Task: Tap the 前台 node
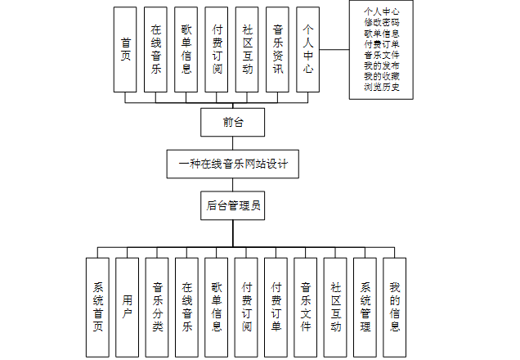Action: tap(233, 123)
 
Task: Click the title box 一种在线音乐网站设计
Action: tap(233, 164)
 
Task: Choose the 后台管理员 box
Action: tap(233, 205)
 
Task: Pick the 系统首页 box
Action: tap(97, 307)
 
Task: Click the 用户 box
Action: tap(127, 307)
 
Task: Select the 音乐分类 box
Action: tap(157, 307)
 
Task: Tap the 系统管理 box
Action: tap(365, 307)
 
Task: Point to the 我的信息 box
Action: tap(395, 307)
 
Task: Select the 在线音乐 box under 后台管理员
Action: tap(186, 307)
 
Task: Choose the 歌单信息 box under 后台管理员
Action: tap(217, 307)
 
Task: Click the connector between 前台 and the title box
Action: tap(233, 143)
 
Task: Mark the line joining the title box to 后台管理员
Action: tap(233, 184)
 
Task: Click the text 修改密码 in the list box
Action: tap(382, 22)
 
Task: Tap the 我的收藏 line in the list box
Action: tap(382, 76)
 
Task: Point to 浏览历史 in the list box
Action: tap(382, 87)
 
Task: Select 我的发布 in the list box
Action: tap(382, 65)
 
